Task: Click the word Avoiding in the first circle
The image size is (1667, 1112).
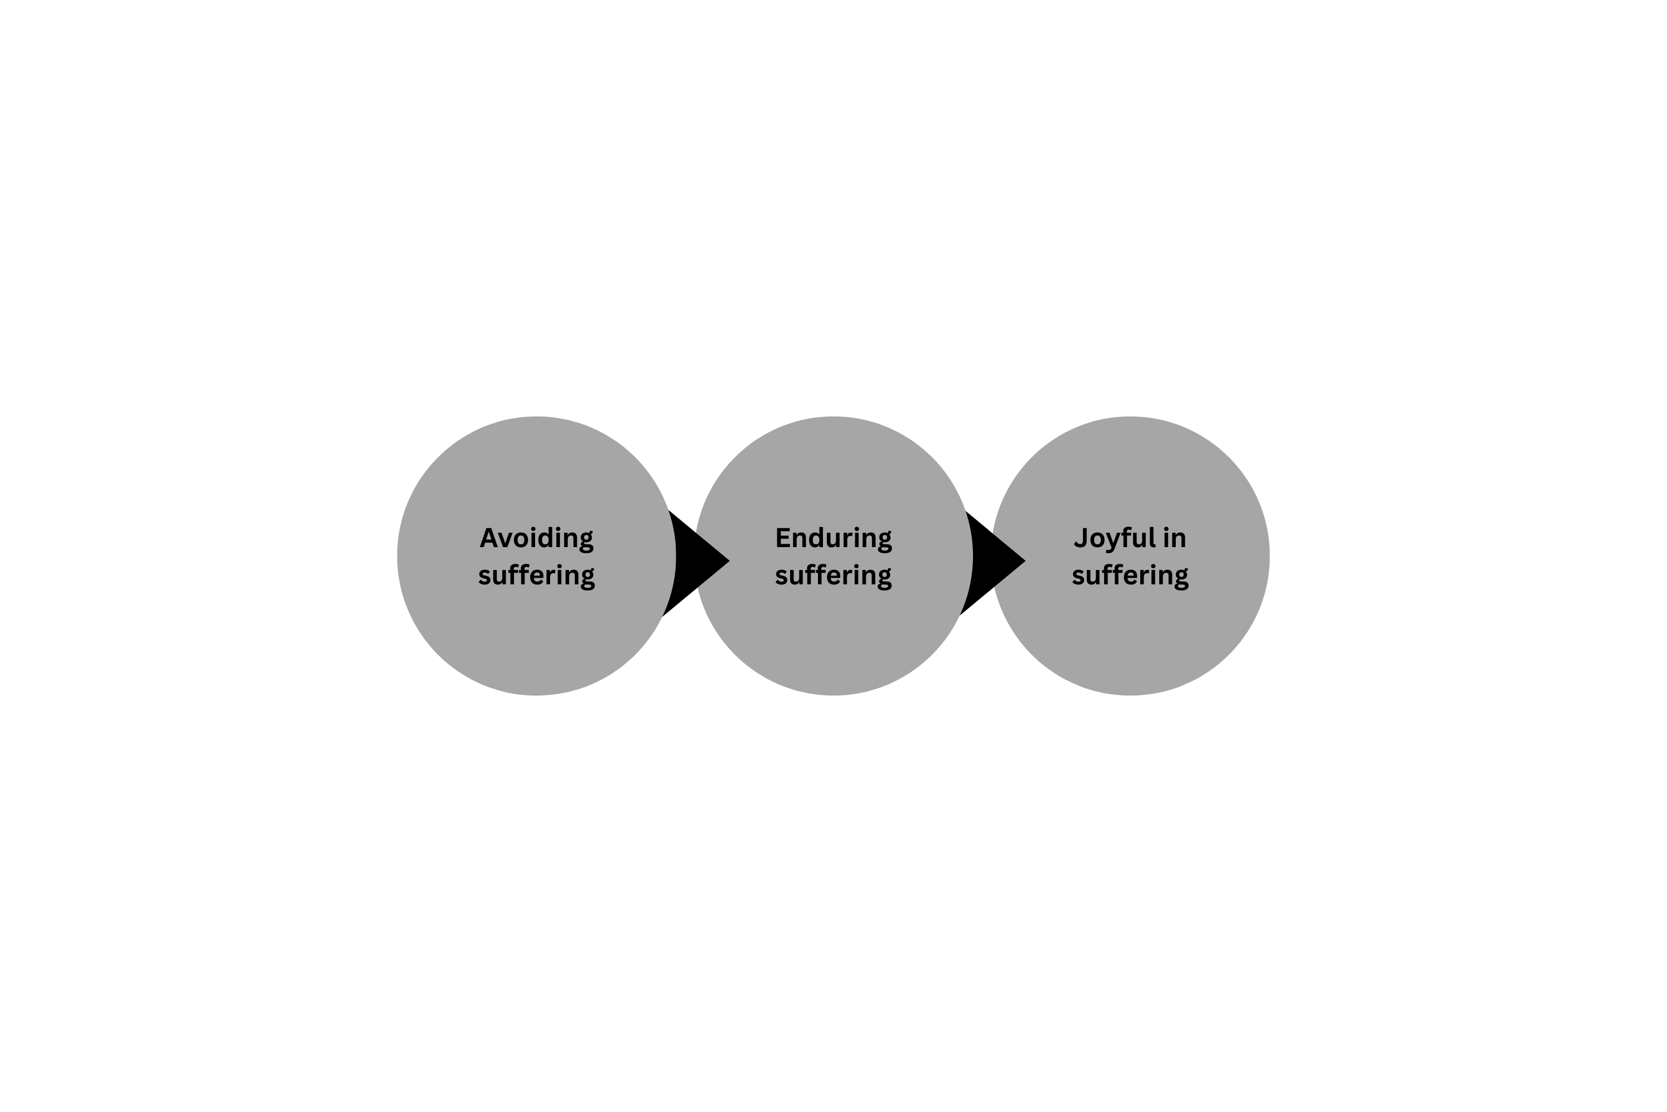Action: pyautogui.click(x=537, y=539)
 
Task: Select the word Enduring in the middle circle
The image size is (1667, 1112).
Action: pyautogui.click(x=833, y=539)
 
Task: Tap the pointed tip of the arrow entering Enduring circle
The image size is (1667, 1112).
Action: pyautogui.click(x=729, y=562)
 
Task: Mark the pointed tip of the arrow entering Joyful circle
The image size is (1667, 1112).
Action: pyautogui.click(x=1026, y=562)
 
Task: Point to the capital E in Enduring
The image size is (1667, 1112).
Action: pyautogui.click(x=783, y=538)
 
